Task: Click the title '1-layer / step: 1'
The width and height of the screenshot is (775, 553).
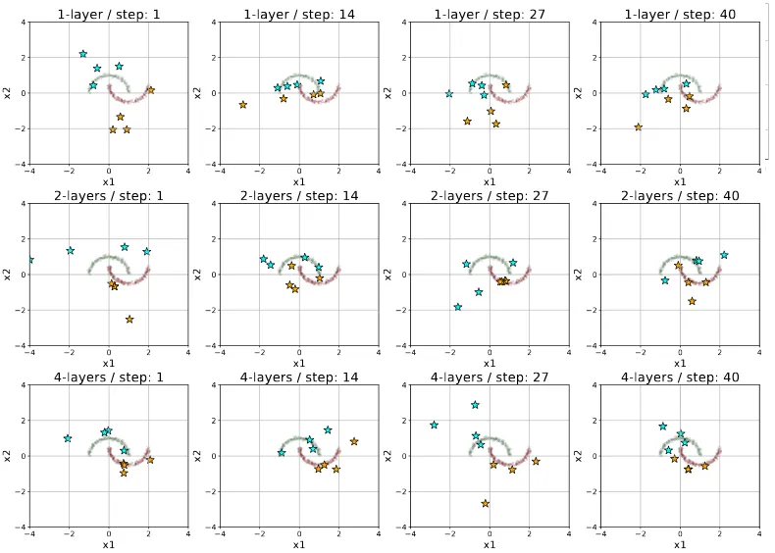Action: point(109,14)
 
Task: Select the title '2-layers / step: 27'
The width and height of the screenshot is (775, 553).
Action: point(490,196)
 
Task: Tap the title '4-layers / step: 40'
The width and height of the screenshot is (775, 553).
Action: point(680,377)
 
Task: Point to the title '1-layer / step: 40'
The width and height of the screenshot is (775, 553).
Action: point(680,14)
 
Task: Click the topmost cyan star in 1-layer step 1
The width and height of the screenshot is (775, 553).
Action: point(83,54)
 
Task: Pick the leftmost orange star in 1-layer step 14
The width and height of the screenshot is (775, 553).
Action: point(242,105)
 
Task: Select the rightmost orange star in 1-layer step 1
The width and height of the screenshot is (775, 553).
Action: point(151,90)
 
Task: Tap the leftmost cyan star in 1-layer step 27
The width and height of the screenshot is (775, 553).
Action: point(448,93)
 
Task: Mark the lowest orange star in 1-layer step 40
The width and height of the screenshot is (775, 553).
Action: point(638,127)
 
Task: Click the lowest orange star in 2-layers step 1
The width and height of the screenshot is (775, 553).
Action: point(129,320)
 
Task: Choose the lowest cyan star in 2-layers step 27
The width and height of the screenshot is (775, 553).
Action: point(458,307)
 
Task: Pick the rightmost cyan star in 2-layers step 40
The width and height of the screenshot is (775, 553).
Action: point(724,255)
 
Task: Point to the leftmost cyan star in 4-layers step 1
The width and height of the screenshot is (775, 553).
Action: point(68,438)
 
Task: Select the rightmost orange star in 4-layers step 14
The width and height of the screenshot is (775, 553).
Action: point(354,441)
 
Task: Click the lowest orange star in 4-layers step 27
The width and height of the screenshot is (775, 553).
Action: point(485,503)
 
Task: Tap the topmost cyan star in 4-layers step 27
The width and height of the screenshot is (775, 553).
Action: point(475,405)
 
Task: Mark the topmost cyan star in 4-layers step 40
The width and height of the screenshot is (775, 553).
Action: point(663,426)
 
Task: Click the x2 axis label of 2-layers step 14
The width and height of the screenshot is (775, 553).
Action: point(198,275)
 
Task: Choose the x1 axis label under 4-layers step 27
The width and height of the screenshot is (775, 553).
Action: point(490,544)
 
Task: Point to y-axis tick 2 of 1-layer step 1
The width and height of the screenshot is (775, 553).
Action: point(24,57)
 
